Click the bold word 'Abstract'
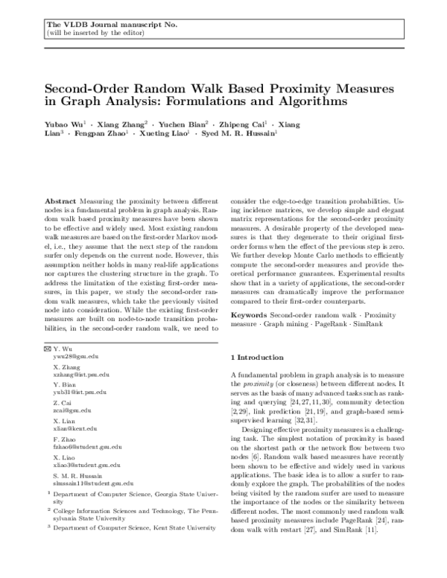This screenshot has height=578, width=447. tap(60, 202)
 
